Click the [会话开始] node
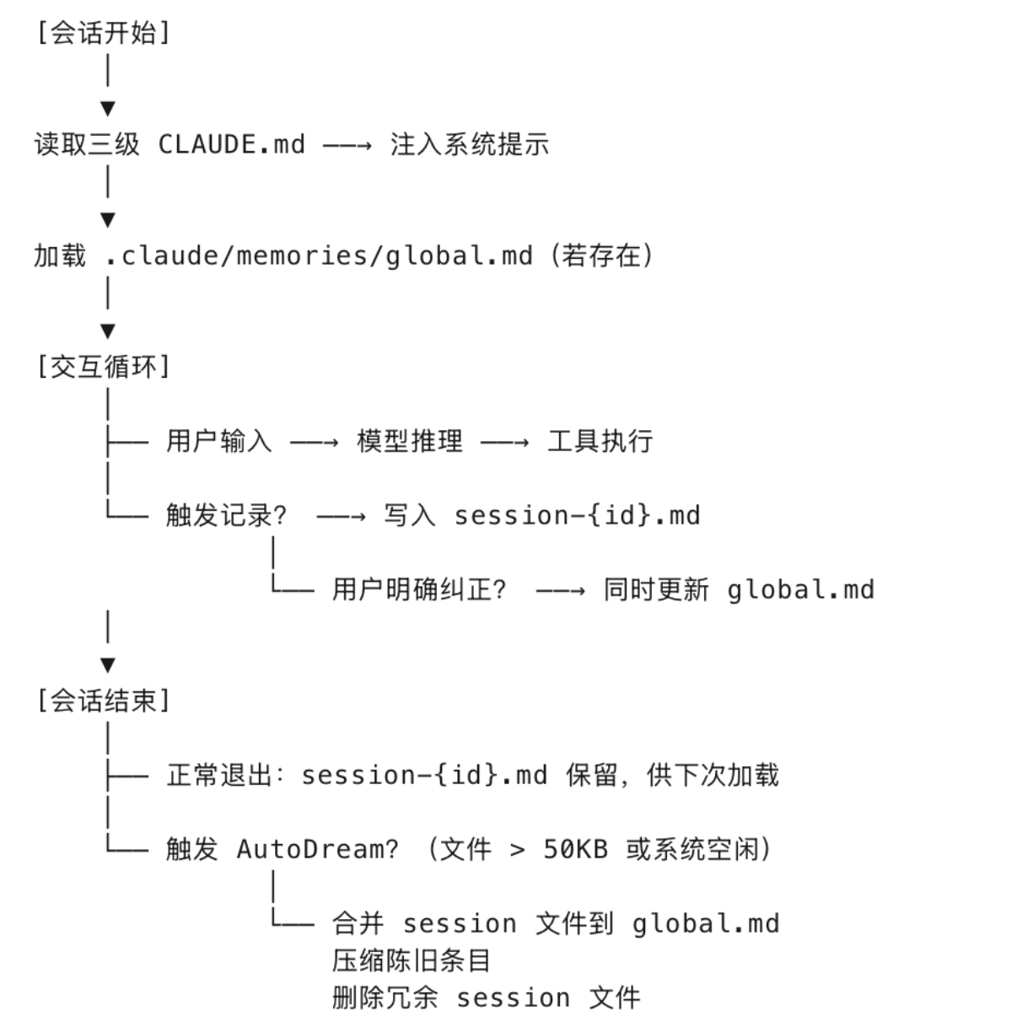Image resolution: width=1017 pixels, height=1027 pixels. pos(103,34)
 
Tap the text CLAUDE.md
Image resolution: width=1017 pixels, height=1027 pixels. pos(231,144)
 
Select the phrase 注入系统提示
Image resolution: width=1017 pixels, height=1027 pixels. pos(469,144)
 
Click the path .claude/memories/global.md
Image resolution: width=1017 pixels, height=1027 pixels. pos(319,255)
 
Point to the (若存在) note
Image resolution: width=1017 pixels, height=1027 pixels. pos(601,255)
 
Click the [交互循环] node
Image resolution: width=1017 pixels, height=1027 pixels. pos(103,367)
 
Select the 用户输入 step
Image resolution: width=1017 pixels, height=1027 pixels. pos(218,441)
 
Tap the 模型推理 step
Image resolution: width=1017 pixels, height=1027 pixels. pos(409,441)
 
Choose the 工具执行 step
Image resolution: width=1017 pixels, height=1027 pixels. pos(600,441)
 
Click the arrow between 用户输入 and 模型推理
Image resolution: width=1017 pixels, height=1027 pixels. pos(314,442)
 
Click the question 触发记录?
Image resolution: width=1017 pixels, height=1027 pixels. pos(226,515)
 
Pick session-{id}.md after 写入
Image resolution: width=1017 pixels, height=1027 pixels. pos(577,515)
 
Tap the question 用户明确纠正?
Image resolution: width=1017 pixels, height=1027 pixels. pos(419,589)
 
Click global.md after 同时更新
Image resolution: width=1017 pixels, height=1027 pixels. pos(800,589)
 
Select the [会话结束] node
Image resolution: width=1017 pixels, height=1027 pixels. pos(103,701)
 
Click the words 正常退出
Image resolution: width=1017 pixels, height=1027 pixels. pos(218,775)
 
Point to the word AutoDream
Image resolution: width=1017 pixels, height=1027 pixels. pos(316,849)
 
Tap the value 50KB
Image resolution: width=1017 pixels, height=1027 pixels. pos(575,849)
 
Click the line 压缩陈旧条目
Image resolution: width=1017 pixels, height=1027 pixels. pos(411,960)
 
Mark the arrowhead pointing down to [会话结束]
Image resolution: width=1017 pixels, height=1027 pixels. pos(107,665)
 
